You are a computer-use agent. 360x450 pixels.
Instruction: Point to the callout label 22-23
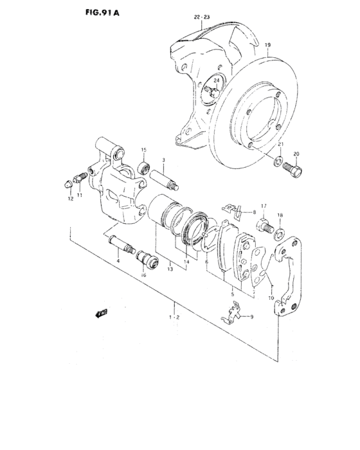(203, 18)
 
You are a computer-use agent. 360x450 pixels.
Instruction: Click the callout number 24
(217, 80)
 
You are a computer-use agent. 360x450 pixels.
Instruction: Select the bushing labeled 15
(144, 169)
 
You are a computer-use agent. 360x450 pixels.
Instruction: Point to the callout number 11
(80, 195)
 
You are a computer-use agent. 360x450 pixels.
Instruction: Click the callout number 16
(143, 274)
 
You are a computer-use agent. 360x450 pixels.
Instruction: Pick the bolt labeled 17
(264, 226)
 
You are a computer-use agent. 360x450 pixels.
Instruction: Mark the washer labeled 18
(281, 229)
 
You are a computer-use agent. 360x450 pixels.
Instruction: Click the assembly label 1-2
(174, 317)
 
